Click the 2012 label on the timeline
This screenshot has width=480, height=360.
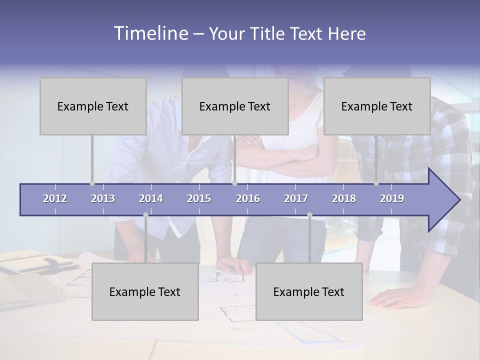pos(55,198)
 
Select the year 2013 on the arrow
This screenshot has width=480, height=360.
pos(103,198)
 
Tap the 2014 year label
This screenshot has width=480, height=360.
pos(151,198)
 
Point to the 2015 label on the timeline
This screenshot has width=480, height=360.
pos(199,198)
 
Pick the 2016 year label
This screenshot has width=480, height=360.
pos(248,198)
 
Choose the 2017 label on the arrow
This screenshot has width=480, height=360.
pos(296,198)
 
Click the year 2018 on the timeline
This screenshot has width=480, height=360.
pos(344,198)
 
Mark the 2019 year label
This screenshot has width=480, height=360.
pos(392,198)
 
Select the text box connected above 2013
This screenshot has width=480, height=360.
pos(93,106)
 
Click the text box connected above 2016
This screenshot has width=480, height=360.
pos(235,106)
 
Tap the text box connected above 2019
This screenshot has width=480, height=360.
pos(377,106)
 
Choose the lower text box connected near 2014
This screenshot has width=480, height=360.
pos(145,291)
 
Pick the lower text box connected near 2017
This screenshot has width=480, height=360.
pos(309,291)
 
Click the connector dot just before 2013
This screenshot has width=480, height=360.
pos(92,183)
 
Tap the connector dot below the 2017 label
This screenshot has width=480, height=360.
pos(309,214)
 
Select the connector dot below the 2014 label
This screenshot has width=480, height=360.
pos(145,214)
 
